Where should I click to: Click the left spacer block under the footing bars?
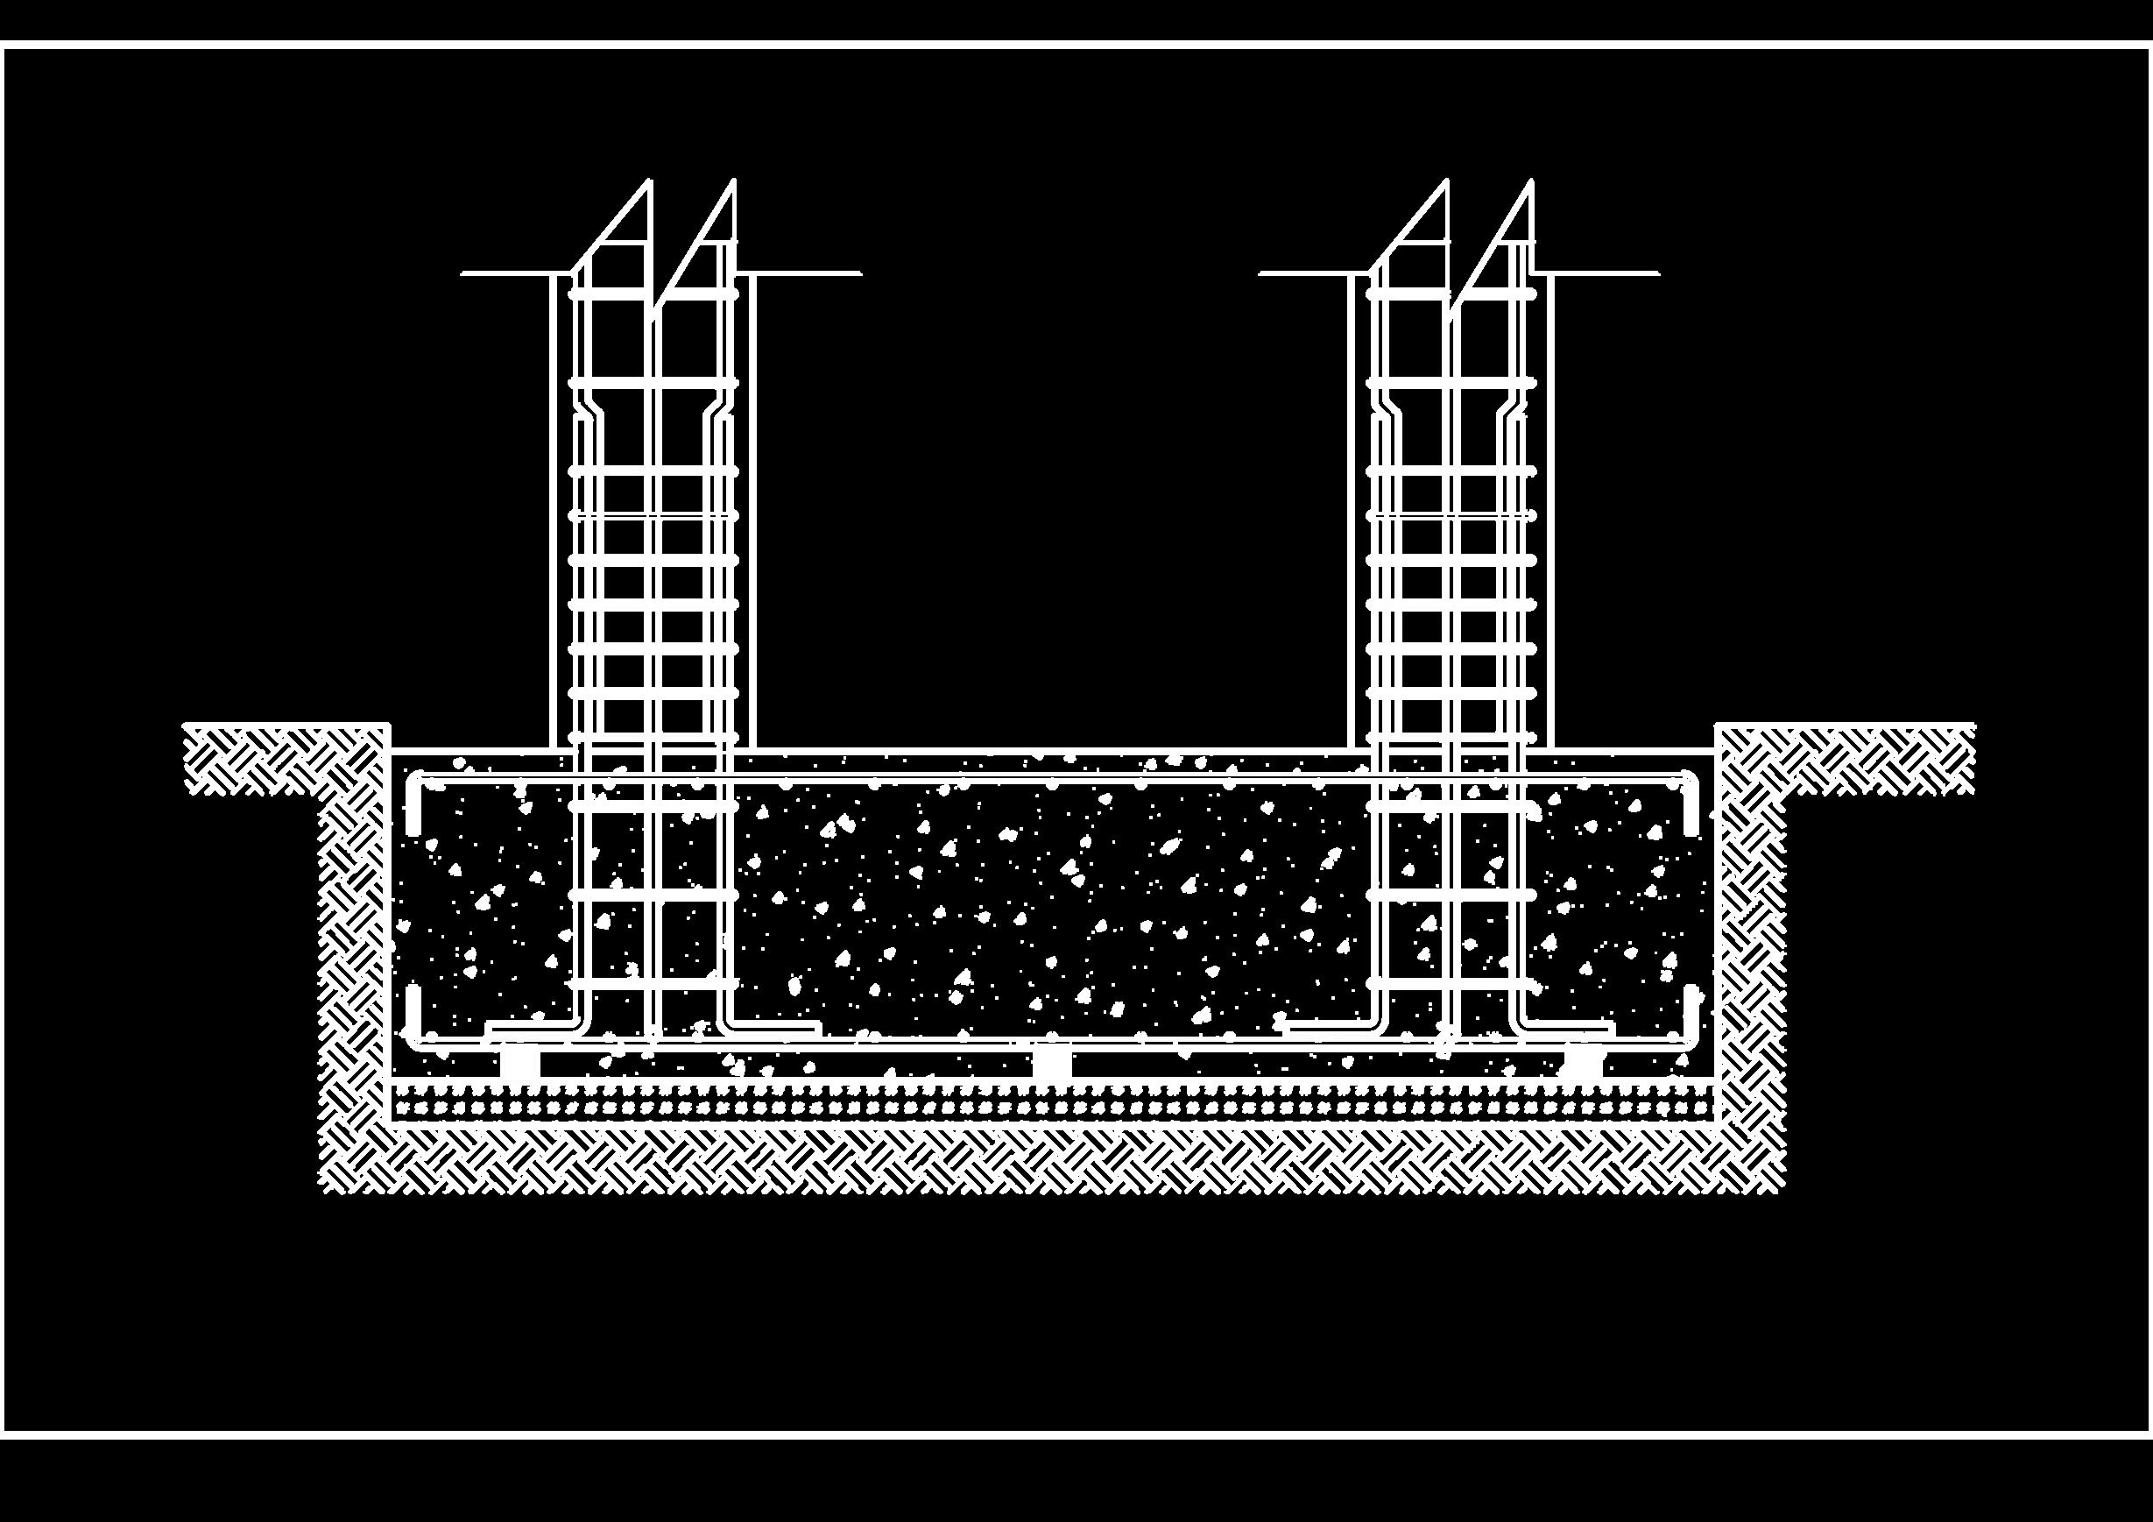click(519, 1064)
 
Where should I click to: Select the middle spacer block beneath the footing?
click(1051, 1064)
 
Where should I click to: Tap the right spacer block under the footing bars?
click(1584, 1064)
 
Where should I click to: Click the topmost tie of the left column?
click(653, 294)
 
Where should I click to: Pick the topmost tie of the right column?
click(1451, 294)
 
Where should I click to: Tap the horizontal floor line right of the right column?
click(1604, 274)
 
